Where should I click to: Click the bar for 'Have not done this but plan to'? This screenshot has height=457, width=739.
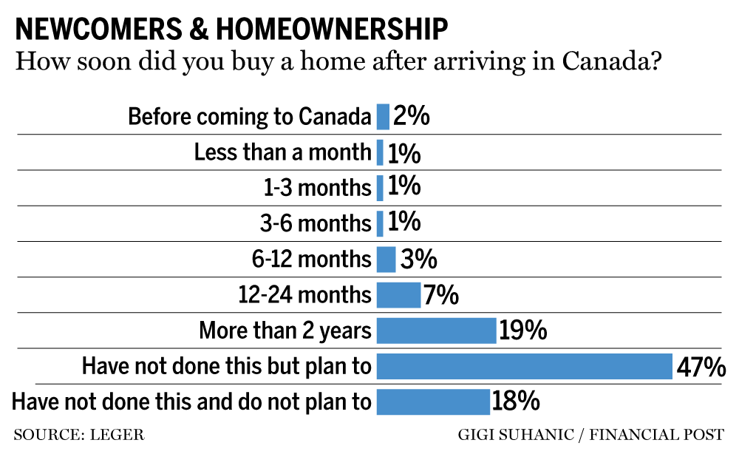point(524,366)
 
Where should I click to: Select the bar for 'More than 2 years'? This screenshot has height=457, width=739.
point(436,331)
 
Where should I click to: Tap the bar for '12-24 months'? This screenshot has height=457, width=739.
point(398,295)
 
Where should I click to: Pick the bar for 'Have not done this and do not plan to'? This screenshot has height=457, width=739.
point(433,402)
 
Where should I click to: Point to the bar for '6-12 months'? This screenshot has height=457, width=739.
point(386,260)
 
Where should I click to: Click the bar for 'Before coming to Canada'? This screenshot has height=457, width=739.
point(383,117)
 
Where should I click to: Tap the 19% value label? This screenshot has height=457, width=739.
point(522,331)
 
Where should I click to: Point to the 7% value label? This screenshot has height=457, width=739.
point(441,296)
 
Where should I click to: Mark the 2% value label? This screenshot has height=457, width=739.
point(412,117)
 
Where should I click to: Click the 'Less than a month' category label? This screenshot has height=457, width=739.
point(282,152)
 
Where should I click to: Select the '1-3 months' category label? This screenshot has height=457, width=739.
point(317,188)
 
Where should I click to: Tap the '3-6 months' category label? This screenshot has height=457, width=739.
point(317,223)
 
